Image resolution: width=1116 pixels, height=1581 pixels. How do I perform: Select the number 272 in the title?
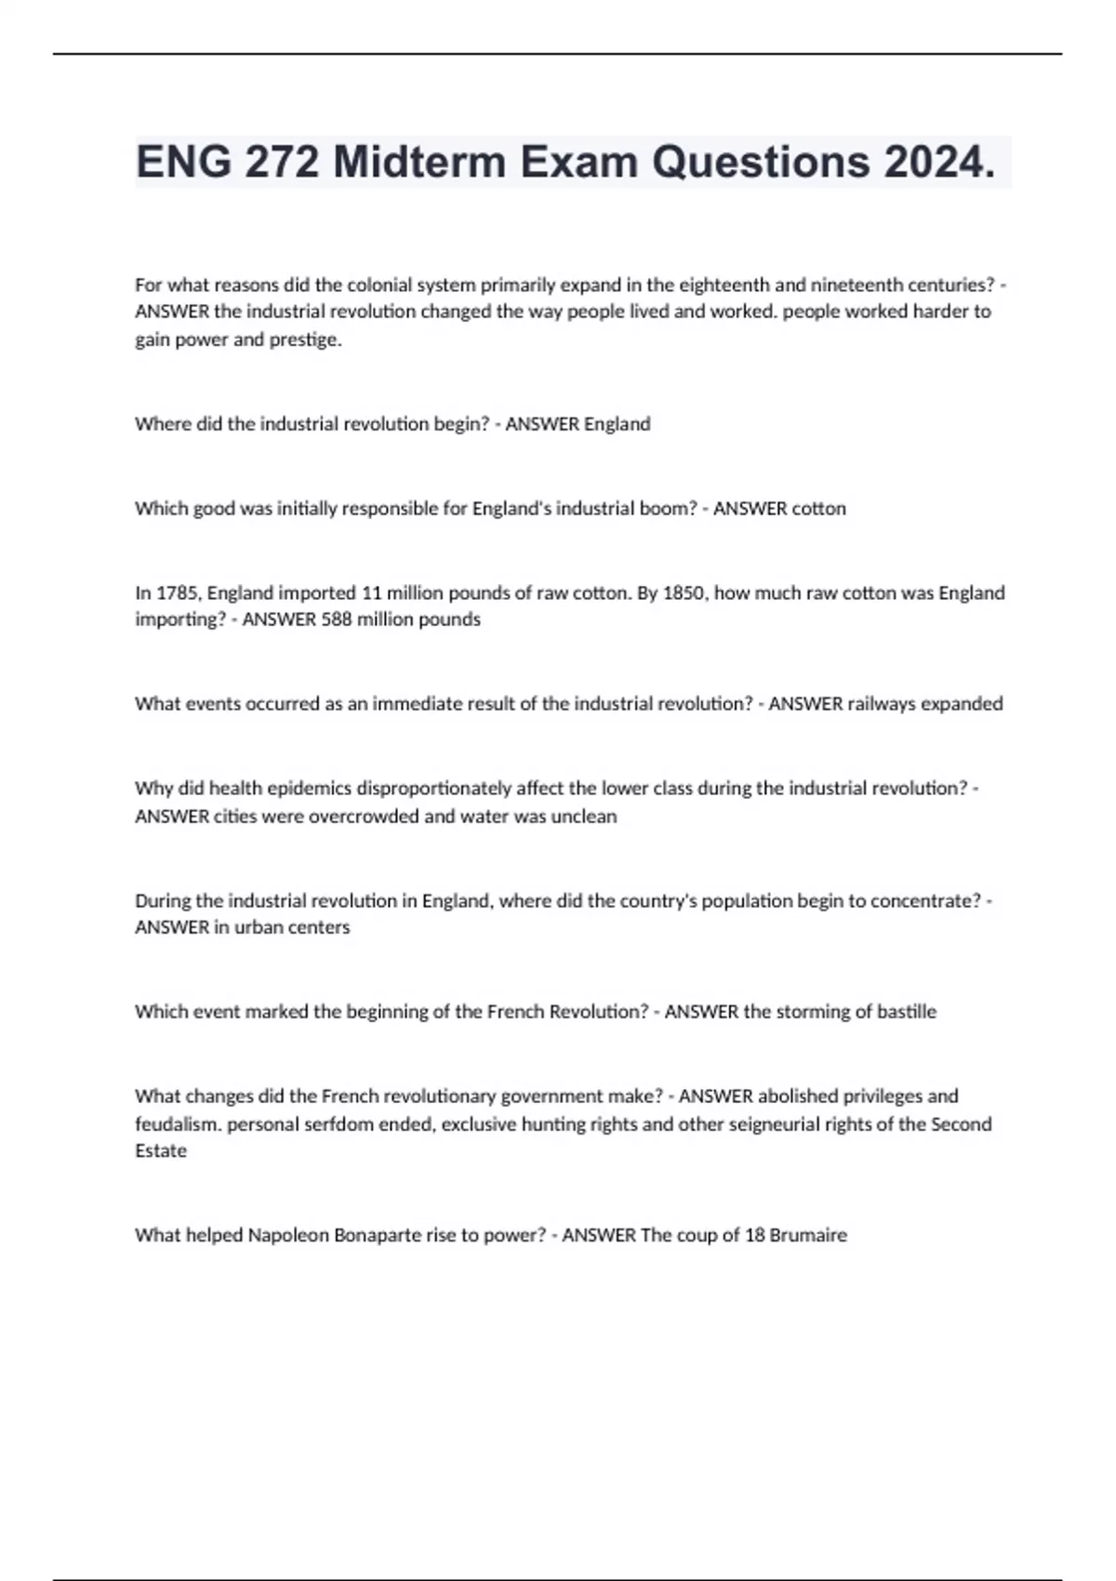click(283, 163)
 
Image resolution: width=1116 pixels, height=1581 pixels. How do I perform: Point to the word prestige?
click(306, 339)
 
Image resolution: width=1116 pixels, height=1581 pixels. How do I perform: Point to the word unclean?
click(585, 817)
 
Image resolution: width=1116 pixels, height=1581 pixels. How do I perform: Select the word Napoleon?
click(288, 1235)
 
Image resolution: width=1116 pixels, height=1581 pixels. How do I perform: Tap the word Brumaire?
click(805, 1235)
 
